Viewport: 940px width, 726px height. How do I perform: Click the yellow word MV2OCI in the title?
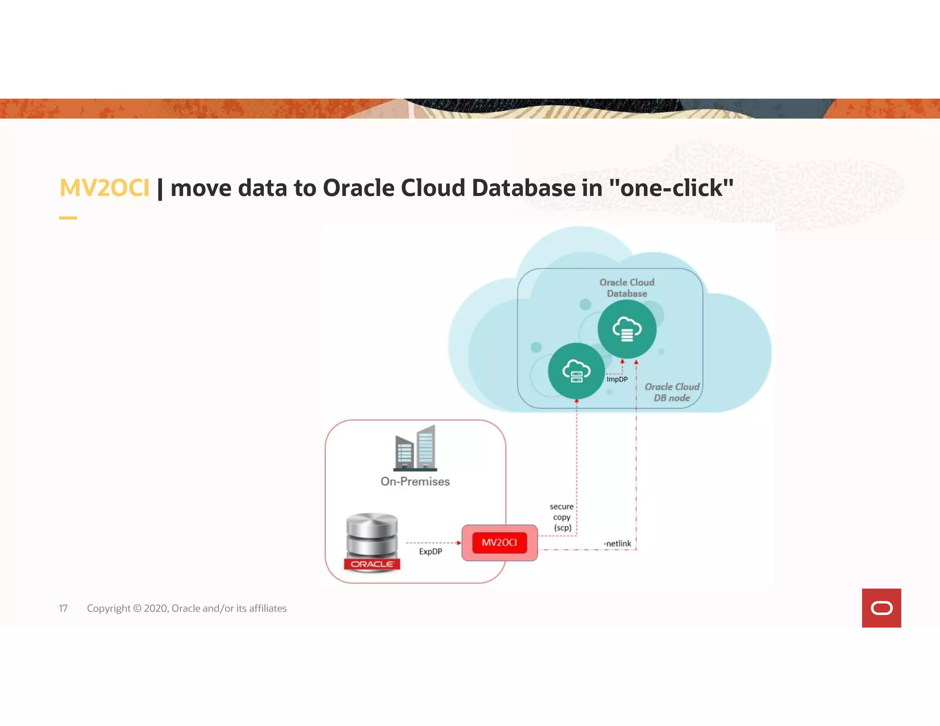[x=104, y=188]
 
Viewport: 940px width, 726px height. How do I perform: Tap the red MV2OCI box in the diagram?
[x=499, y=542]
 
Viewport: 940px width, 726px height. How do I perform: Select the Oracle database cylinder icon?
[x=372, y=542]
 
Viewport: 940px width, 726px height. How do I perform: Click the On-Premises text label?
[x=415, y=481]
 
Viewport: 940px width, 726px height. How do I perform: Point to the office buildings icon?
[x=416, y=448]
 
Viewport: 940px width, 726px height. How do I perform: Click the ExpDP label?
[x=431, y=551]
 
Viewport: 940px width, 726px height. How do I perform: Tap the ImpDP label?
[x=617, y=379]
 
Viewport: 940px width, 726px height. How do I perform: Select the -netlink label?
[x=617, y=543]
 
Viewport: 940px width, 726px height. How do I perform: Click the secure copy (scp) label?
[x=562, y=517]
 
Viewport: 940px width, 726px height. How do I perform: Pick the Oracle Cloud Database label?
[x=627, y=288]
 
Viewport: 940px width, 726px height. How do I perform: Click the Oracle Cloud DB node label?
[x=672, y=392]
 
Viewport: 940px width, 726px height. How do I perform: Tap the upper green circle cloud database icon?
[x=627, y=329]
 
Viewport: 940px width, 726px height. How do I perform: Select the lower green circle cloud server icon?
[x=576, y=371]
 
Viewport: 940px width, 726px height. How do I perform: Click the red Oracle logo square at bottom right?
[x=881, y=608]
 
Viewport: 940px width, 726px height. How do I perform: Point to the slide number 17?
[x=63, y=609]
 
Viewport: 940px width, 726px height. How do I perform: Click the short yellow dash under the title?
[x=68, y=218]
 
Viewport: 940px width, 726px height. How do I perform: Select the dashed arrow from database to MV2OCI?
[x=433, y=542]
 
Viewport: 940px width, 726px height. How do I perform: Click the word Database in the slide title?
[x=524, y=188]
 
